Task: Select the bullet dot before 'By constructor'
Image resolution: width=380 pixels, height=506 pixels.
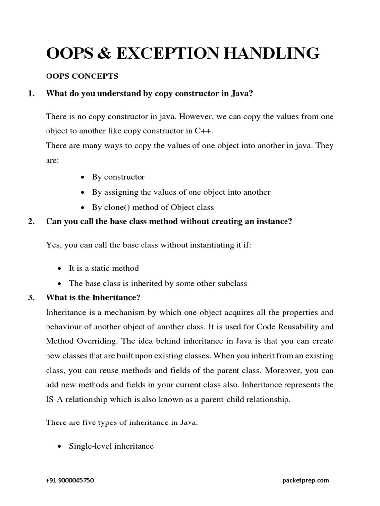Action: [82, 177]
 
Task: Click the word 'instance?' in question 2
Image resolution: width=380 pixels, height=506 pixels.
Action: [273, 222]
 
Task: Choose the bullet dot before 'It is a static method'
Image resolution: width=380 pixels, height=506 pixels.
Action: [59, 268]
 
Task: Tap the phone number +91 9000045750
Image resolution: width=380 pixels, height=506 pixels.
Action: [70, 480]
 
